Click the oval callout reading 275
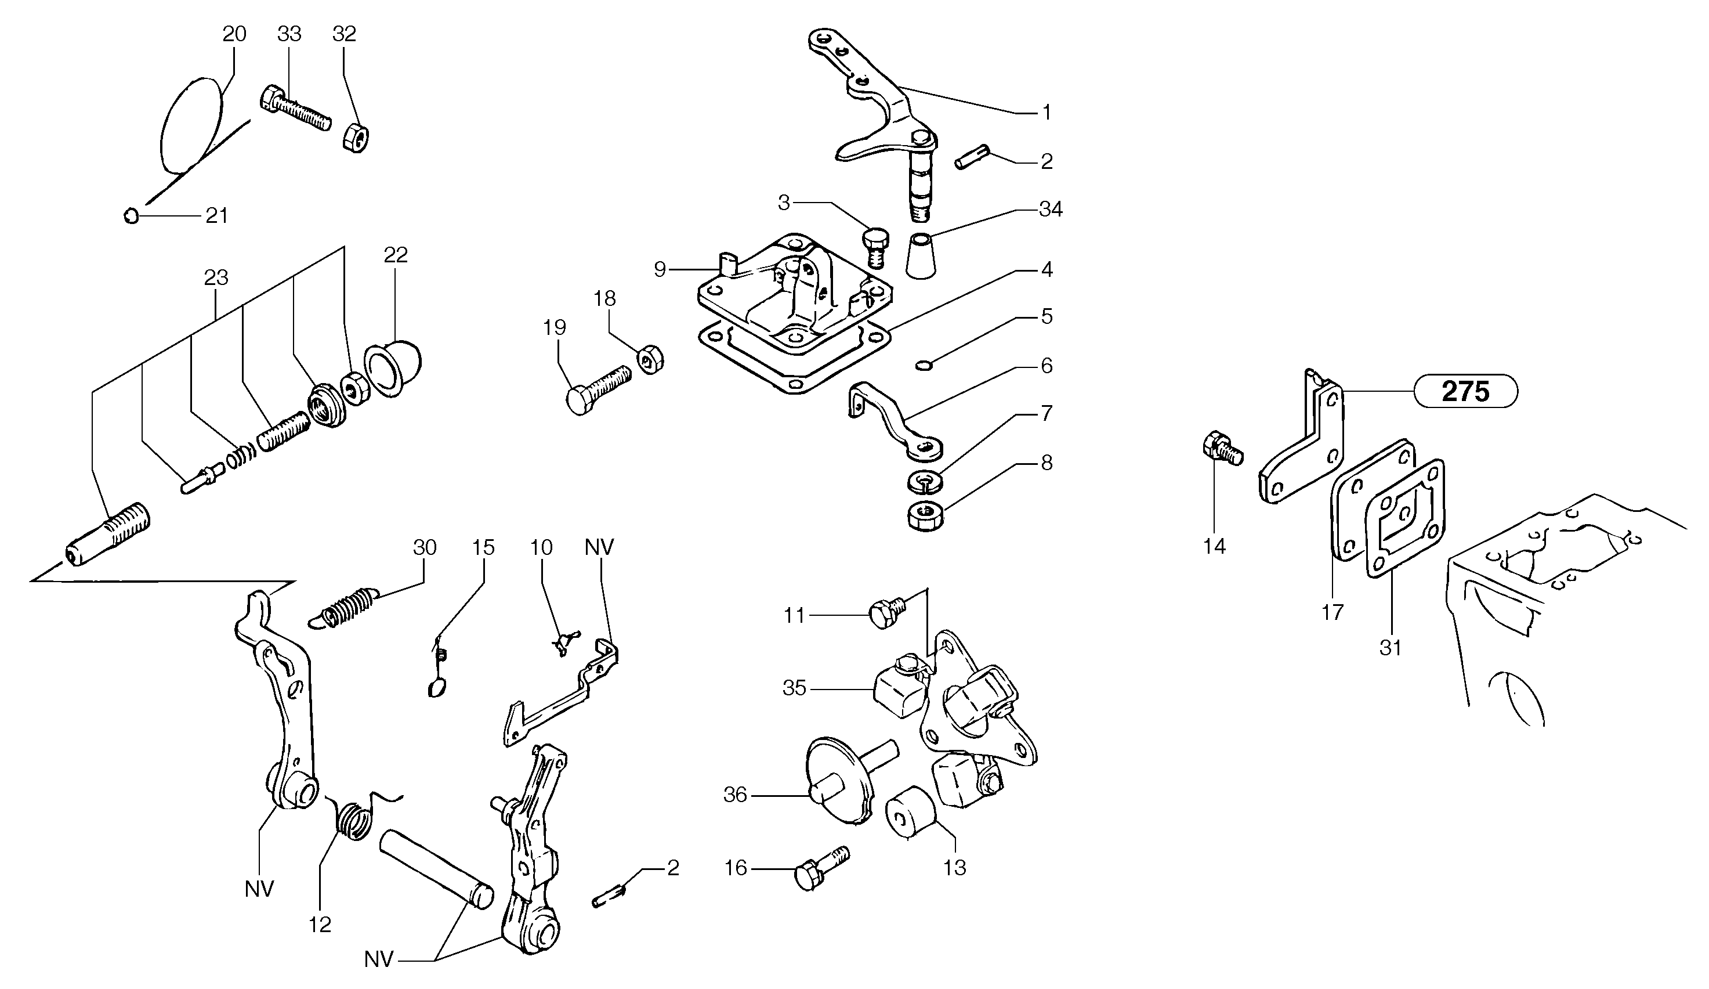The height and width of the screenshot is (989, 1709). (x=1465, y=391)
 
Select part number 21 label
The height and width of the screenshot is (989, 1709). (x=217, y=216)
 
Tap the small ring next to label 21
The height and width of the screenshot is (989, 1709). (x=132, y=216)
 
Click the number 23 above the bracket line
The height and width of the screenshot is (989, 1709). (x=216, y=277)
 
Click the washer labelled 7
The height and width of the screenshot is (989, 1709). (x=925, y=482)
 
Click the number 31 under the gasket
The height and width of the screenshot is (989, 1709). (x=1391, y=648)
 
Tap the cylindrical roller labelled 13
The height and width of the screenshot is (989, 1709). (x=911, y=813)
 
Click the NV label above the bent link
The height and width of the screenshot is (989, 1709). (x=599, y=547)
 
